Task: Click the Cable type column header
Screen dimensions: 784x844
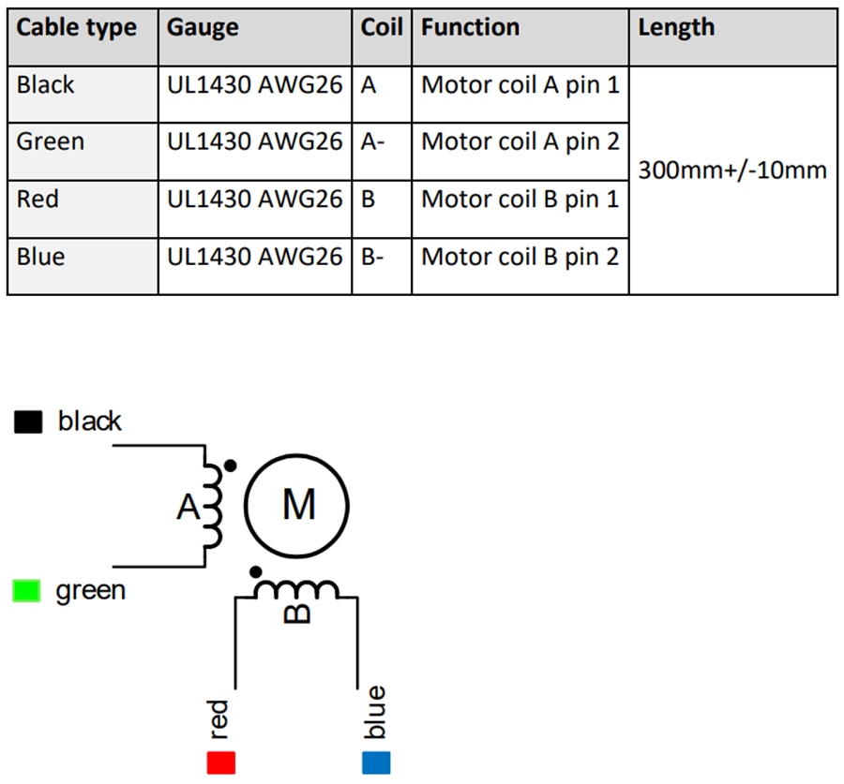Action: tap(77, 28)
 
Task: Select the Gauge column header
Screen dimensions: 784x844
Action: tap(203, 28)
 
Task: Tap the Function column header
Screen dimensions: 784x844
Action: tap(470, 28)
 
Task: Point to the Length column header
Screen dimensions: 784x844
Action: tap(676, 28)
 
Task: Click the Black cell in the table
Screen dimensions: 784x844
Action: tap(45, 85)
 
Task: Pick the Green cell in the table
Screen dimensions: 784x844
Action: tap(51, 142)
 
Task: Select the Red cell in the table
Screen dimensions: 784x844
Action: tap(38, 200)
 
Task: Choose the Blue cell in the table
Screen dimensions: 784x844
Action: tap(40, 257)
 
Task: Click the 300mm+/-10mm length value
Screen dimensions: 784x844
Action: tap(732, 170)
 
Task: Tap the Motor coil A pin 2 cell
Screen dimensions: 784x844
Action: tap(520, 142)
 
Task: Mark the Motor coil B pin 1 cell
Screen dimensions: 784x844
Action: tap(520, 200)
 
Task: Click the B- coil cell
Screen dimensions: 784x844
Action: tap(372, 257)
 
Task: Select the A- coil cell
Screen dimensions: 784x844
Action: tap(372, 142)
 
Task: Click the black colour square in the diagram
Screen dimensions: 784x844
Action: tap(28, 422)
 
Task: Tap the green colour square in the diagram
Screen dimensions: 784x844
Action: tap(26, 591)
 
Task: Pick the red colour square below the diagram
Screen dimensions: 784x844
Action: tap(221, 762)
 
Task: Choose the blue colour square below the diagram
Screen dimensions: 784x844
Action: tap(376, 762)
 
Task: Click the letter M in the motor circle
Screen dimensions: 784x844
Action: tap(298, 506)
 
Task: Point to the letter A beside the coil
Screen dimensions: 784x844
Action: tap(188, 508)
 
